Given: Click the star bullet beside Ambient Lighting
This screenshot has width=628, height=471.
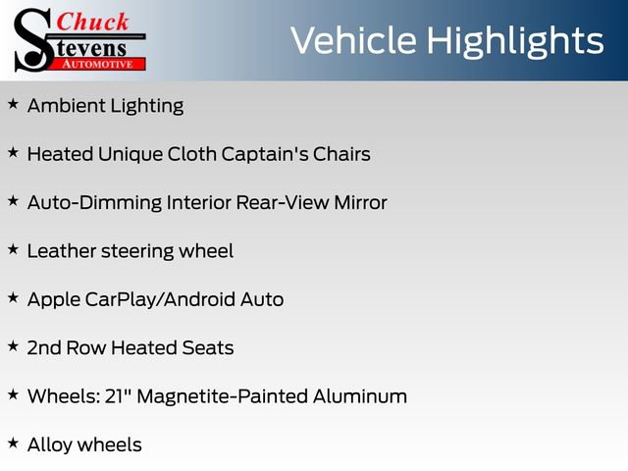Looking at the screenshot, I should click(13, 104).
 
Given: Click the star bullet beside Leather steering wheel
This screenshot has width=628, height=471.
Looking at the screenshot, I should click(13, 249).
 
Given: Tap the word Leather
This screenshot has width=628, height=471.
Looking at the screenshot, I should click(61, 251).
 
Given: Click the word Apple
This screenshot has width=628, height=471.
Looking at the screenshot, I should click(55, 300).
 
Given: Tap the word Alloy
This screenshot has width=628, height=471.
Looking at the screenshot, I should click(48, 445).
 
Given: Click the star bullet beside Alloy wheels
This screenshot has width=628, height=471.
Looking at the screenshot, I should click(13, 443).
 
